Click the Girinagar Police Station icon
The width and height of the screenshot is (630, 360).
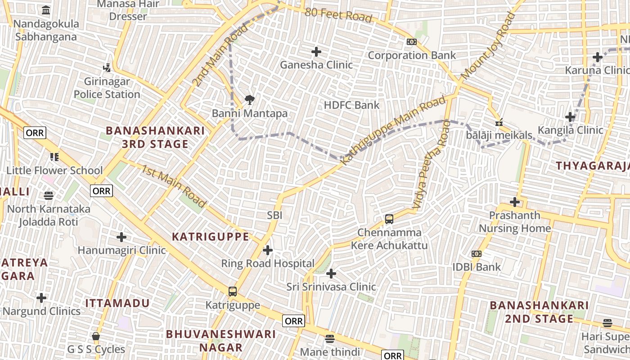point(107,68)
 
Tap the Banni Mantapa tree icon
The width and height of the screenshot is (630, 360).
point(249,99)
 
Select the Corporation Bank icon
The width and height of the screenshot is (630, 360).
point(411,42)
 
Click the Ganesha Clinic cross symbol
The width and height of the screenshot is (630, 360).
point(316,52)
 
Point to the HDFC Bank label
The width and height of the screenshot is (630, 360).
point(351,105)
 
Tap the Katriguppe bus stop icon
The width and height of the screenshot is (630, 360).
point(232,292)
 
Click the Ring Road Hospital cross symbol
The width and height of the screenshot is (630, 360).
point(268,250)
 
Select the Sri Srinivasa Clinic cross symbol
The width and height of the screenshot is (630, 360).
point(331,273)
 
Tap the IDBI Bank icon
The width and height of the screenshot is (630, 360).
point(477,254)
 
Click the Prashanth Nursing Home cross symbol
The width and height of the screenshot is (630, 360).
point(515,202)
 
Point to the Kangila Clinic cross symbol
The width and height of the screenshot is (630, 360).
point(570,117)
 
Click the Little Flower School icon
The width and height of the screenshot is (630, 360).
point(54,157)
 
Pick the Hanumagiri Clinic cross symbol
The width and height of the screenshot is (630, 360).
point(121,237)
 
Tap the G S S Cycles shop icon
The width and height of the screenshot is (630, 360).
point(96,336)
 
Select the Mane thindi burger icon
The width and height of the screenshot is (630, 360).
point(330,338)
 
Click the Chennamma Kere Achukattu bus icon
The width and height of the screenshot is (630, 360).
point(389,219)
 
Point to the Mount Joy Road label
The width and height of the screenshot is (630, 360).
point(488,47)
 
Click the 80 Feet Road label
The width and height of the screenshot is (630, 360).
point(338,15)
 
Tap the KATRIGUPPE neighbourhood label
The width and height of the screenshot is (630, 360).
point(211,237)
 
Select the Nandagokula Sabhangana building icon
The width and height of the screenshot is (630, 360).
point(46,10)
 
